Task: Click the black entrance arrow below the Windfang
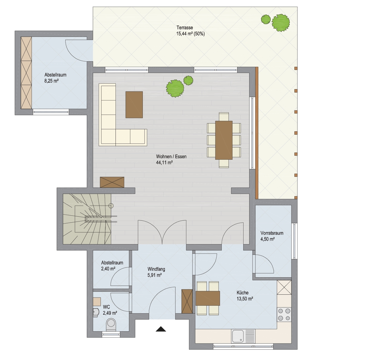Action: pyautogui.click(x=161, y=329)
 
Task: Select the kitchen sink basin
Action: pyautogui.click(x=238, y=336)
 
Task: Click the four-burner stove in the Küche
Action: pyautogui.click(x=284, y=314)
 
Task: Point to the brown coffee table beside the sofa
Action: pyautogui.click(x=134, y=105)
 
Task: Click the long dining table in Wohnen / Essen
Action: pyautogui.click(x=224, y=140)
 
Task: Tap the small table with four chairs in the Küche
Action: pyautogui.click(x=208, y=298)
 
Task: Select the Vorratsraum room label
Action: pyautogui.click(x=272, y=233)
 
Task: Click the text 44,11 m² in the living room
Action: pyautogui.click(x=164, y=163)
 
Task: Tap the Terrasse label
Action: pyautogui.click(x=185, y=28)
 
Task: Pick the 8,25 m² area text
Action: pyautogui.click(x=51, y=81)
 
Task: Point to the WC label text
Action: pyautogui.click(x=106, y=307)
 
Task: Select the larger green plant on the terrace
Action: pyautogui.click(x=281, y=23)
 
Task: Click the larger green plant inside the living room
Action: pyautogui.click(x=175, y=89)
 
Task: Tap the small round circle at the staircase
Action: pyautogui.click(x=111, y=206)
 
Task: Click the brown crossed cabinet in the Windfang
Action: pyautogui.click(x=187, y=301)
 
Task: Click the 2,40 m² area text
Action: pyautogui.click(x=108, y=269)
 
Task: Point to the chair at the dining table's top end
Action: pyautogui.click(x=224, y=117)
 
